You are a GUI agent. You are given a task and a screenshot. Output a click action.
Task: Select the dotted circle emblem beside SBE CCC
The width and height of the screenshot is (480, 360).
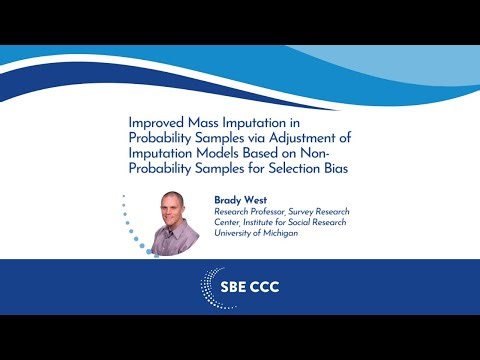pos(219,286)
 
